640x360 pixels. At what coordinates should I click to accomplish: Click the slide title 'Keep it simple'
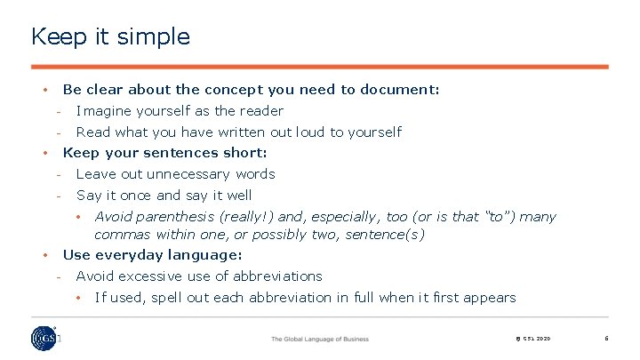110,36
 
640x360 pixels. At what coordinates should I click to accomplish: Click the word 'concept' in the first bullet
232,89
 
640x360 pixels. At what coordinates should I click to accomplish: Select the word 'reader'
261,111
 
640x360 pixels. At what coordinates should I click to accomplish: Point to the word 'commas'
122,235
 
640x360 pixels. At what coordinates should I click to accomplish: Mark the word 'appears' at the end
491,298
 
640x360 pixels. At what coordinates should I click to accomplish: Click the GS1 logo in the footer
42,339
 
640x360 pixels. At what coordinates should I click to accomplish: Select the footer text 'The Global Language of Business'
319,340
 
